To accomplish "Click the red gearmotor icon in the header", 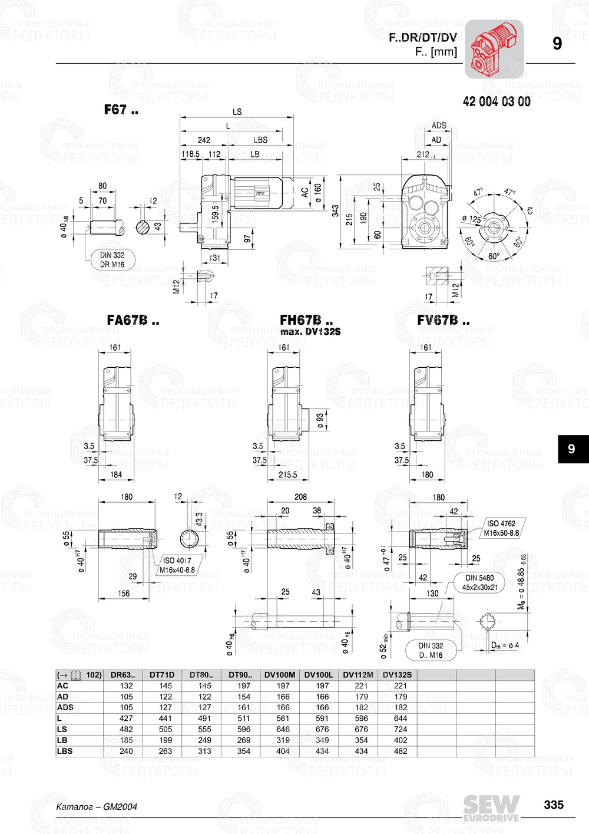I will (494, 49).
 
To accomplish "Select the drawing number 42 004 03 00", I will (496, 102).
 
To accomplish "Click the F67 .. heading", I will (121, 110).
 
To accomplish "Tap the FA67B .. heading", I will (133, 321).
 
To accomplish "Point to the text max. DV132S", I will (310, 332).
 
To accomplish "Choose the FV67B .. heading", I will (443, 321).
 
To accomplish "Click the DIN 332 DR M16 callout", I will (112, 260).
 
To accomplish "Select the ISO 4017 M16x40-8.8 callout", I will (177, 565).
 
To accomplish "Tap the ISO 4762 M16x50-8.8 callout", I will (501, 528).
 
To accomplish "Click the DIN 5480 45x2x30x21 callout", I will (479, 582).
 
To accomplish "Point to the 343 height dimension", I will (335, 211).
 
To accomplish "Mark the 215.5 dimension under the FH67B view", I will (287, 474).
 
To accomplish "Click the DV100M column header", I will (280, 675).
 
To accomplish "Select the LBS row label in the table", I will (65, 751).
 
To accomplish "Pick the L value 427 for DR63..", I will (126, 718).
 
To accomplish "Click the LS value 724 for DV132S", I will (401, 729).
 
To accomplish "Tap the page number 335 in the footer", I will (553, 805).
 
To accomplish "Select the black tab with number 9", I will (571, 449).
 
